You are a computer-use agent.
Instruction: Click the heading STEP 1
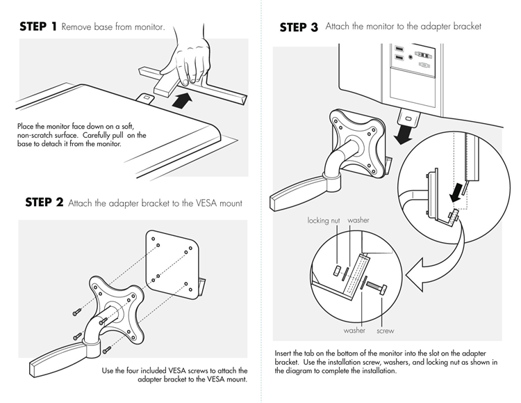(x=38, y=26)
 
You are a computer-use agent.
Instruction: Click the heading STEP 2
(x=44, y=202)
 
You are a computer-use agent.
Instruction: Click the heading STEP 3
(x=299, y=27)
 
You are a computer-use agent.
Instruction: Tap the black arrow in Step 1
(x=182, y=100)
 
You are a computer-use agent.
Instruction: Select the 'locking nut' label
(x=324, y=221)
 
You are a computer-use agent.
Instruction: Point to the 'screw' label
(x=386, y=331)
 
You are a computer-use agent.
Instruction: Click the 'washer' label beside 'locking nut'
(x=358, y=220)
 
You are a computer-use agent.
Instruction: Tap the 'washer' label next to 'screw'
(x=354, y=331)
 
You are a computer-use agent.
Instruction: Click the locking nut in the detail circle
(x=337, y=271)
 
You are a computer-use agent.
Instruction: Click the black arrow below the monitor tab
(x=404, y=135)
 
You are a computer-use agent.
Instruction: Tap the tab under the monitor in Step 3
(x=408, y=118)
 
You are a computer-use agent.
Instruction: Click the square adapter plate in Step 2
(x=173, y=264)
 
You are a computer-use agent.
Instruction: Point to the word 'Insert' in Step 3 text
(x=283, y=354)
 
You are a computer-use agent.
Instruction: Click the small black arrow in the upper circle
(x=457, y=193)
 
